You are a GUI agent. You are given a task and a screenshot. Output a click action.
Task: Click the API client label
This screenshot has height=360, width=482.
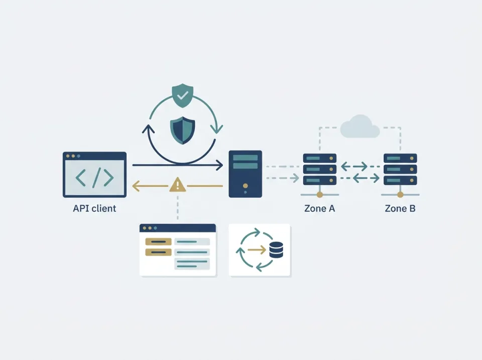coord(94,208)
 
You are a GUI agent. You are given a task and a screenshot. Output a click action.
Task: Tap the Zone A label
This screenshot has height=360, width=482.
coord(319,208)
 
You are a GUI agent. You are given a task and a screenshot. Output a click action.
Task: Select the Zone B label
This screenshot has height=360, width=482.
coord(400,208)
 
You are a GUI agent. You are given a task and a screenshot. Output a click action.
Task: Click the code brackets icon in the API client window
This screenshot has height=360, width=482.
coord(95,178)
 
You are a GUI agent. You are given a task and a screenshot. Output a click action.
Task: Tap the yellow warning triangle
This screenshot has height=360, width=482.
coord(178,185)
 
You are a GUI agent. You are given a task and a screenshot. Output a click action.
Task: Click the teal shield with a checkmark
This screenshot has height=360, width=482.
coord(183,95)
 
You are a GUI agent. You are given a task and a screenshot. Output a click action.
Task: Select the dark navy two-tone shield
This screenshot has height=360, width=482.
coord(183,131)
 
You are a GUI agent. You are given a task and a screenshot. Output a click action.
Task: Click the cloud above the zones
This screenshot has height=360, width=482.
coord(360,127)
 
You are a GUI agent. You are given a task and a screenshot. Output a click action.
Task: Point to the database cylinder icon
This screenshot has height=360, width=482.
coord(276,250)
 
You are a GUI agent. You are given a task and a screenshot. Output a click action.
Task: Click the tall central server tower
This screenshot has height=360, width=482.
coord(246,174)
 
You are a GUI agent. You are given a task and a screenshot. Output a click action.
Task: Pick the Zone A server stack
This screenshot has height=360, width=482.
coord(320,169)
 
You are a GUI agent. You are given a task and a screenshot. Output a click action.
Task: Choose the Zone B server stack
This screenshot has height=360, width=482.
coord(400,169)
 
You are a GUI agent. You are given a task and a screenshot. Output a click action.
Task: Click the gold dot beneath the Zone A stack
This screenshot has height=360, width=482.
coord(320,195)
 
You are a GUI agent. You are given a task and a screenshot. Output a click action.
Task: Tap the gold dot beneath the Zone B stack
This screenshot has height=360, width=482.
coord(400,195)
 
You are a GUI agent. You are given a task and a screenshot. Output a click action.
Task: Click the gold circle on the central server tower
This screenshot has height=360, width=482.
coord(246,186)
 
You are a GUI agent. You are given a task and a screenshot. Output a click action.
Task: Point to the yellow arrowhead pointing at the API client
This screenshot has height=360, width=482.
coord(136,186)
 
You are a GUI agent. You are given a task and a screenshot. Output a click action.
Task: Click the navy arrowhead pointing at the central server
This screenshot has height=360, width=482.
coord(219,165)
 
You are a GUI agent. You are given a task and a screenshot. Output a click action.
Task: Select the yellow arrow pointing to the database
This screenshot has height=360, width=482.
coord(257,250)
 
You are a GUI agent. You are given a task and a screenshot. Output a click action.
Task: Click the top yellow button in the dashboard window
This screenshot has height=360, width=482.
coord(158,242)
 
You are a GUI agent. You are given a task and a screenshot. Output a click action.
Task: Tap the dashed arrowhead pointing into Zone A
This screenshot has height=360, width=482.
coord(296,178)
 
